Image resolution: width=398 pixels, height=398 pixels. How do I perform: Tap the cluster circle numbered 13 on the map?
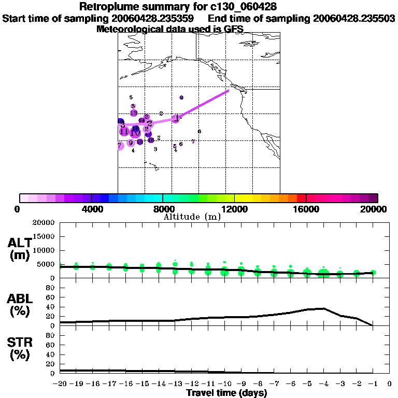click(x=133, y=113)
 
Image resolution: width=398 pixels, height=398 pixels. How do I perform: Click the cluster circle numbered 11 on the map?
click(x=124, y=132)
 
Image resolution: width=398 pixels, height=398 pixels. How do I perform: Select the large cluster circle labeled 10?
click(x=135, y=133)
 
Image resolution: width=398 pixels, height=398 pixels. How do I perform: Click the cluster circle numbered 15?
click(x=140, y=141)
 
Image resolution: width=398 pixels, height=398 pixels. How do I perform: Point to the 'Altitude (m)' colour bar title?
click(x=192, y=217)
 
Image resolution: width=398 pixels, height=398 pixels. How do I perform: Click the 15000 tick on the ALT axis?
click(x=44, y=237)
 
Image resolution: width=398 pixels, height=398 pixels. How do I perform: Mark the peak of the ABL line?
click(x=323, y=308)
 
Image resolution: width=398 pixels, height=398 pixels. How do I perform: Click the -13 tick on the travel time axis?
click(x=175, y=384)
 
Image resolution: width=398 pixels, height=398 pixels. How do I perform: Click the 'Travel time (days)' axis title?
click(x=226, y=393)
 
